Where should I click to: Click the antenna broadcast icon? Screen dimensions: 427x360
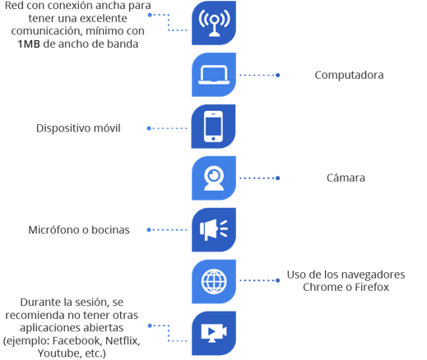[214, 23]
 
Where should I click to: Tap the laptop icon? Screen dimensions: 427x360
[214, 75]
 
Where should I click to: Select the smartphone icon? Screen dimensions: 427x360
[213, 127]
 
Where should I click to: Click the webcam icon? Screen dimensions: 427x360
[214, 178]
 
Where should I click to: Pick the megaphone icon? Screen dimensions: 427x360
[214, 230]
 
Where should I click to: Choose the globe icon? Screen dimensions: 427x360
[214, 281]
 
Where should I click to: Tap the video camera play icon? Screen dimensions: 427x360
[214, 333]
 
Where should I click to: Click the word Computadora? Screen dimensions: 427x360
[349, 75]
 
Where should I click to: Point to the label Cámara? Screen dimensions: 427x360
[346, 178]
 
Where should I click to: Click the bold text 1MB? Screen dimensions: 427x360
[29, 44]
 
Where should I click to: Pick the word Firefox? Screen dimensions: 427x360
[372, 287]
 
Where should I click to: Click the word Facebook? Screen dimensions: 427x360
[77, 341]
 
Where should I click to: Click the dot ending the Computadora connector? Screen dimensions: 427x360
[277, 75]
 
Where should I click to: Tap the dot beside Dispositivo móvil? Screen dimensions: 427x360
[149, 128]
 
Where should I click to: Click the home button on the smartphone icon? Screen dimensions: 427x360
[213, 139]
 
